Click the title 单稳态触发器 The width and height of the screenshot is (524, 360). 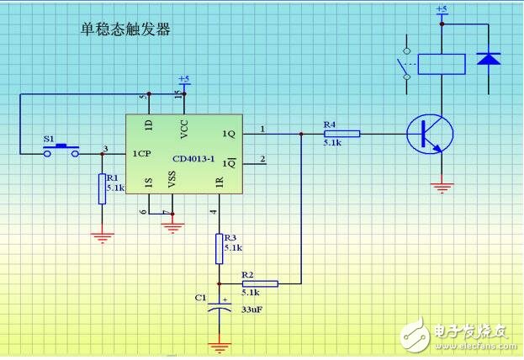click(x=125, y=29)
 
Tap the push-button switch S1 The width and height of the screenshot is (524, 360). click(x=61, y=150)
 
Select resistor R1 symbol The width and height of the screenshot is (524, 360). click(x=102, y=188)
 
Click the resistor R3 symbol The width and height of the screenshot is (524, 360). click(x=220, y=248)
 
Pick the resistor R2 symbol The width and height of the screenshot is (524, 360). click(x=260, y=284)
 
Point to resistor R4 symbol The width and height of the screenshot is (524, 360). click(x=341, y=133)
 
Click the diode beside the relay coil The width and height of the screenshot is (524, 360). click(x=488, y=58)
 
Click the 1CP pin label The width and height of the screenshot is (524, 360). click(x=142, y=155)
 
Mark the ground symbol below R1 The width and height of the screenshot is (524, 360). click(x=102, y=237)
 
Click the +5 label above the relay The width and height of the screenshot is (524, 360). click(x=442, y=9)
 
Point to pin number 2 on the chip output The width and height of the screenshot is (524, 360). click(x=262, y=158)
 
